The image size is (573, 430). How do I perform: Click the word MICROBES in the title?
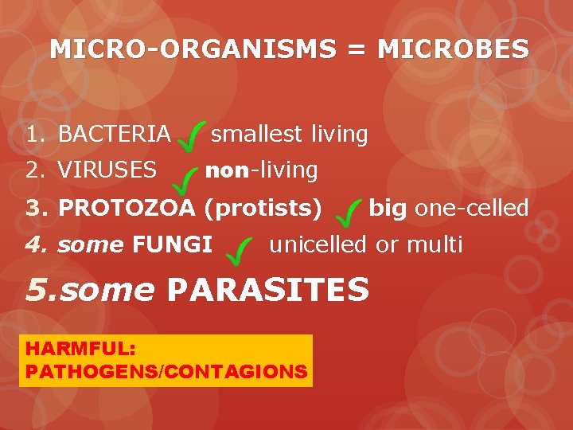click(x=453, y=49)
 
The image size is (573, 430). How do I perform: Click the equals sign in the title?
click(x=357, y=49)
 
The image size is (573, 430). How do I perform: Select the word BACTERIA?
click(x=115, y=135)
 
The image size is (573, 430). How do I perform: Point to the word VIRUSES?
click(x=107, y=170)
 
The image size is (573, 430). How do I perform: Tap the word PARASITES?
click(x=268, y=290)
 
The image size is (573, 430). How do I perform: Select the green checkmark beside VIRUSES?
click(x=188, y=181)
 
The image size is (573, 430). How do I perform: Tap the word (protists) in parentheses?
click(x=263, y=208)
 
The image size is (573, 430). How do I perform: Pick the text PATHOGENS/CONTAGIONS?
click(x=166, y=371)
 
